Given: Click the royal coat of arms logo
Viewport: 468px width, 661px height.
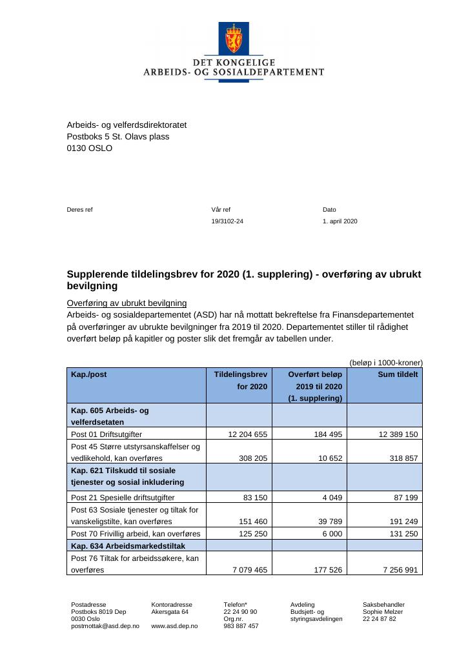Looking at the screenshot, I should pyautogui.click(x=234, y=39).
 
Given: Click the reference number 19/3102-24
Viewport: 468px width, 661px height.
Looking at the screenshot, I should pyautogui.click(x=227, y=221).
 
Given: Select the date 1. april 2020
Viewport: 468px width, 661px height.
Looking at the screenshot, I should pyautogui.click(x=340, y=221).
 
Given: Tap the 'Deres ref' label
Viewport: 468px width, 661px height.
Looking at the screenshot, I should pyautogui.click(x=80, y=210).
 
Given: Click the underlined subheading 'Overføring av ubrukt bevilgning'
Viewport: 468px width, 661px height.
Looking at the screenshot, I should pyautogui.click(x=127, y=303).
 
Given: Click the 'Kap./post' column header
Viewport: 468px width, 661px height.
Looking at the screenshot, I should pyautogui.click(x=89, y=374).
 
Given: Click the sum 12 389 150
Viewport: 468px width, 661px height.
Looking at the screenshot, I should pyautogui.click(x=396, y=434).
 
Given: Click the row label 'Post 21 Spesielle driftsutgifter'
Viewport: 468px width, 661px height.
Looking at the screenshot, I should pyautogui.click(x=123, y=498).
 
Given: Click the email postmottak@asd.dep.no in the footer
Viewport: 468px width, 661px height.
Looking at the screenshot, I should pyautogui.click(x=105, y=626).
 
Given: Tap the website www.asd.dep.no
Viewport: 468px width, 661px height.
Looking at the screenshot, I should pyautogui.click(x=174, y=626).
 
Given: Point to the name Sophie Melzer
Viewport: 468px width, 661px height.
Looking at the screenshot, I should pyautogui.click(x=382, y=611).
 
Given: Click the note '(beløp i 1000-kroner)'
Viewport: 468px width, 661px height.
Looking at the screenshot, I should pyautogui.click(x=386, y=363).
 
